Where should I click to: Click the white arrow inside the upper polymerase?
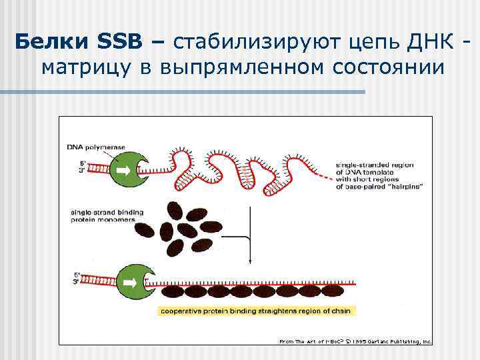pos(126,167)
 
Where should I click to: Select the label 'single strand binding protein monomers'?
pos(107,217)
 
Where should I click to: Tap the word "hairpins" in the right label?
pos(403,187)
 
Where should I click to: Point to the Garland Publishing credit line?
pos(355,341)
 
